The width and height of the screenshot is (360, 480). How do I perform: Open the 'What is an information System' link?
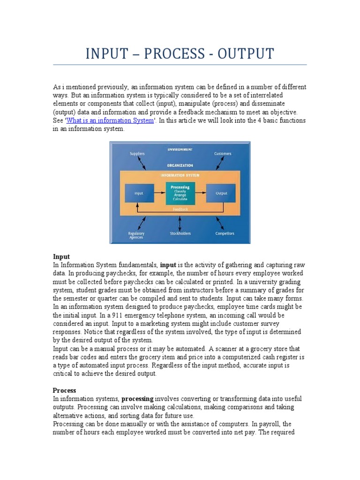coord(111,120)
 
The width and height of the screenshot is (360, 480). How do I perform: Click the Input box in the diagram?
coord(139,193)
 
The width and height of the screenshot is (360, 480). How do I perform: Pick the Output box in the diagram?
coord(221,193)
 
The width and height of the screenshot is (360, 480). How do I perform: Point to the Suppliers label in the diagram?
coord(137,153)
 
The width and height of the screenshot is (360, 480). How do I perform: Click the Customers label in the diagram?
coord(223,153)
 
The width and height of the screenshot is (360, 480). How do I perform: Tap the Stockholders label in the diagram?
coord(180,233)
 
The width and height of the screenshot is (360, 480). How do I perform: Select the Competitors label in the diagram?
coord(225,233)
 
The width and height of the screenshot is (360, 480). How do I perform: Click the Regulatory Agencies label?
coord(136,235)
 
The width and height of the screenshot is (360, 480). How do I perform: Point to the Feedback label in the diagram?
coord(180,209)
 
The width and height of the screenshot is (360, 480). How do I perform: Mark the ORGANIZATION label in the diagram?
coord(180,165)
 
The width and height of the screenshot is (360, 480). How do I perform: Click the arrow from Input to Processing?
coord(160,193)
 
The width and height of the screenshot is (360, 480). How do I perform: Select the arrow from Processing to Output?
coord(200,193)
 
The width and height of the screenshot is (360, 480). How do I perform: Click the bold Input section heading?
coord(61,256)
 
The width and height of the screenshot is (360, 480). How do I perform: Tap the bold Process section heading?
coord(64,390)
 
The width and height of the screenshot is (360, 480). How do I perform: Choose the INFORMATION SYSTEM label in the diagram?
coord(180,175)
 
